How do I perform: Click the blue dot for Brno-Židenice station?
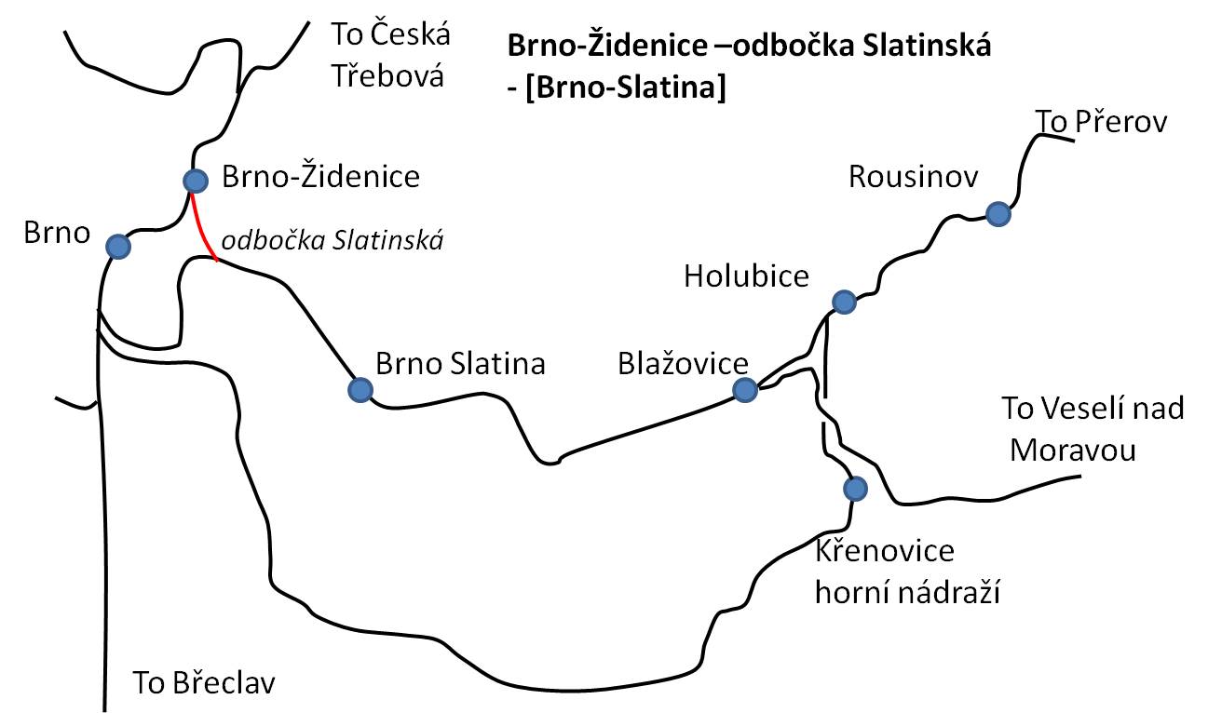(196, 181)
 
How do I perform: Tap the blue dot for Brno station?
(118, 247)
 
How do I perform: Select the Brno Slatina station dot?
(360, 390)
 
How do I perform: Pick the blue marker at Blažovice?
(745, 389)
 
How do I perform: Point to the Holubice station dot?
(844, 302)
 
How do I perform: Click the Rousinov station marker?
(998, 214)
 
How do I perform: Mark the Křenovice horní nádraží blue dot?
(855, 489)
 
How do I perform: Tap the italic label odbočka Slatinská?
(333, 240)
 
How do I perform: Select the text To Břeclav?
(204, 682)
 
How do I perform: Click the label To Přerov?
(1101, 122)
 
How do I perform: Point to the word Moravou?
(1073, 450)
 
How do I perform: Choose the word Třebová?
(387, 75)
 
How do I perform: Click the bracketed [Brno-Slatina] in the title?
(626, 87)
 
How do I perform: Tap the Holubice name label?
(746, 276)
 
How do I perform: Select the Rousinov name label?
(913, 177)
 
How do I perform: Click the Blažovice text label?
(683, 363)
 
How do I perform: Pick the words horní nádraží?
(907, 592)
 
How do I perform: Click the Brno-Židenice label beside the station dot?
(321, 176)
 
